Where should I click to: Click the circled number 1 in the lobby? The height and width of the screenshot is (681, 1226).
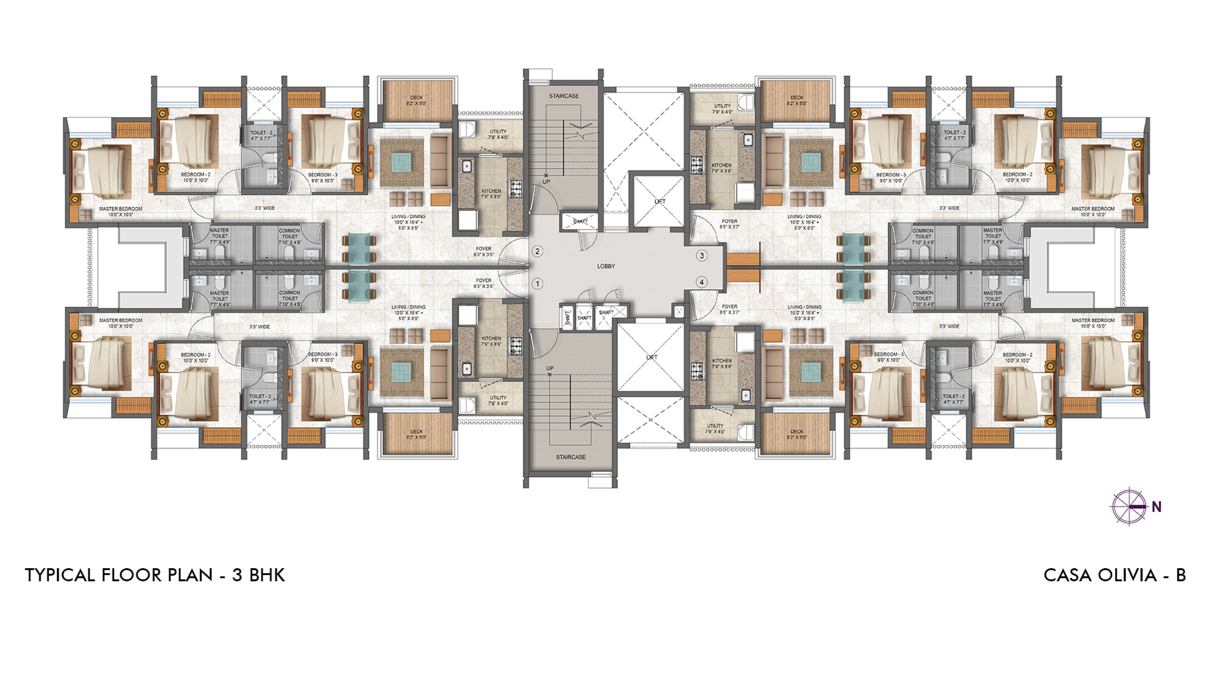538,284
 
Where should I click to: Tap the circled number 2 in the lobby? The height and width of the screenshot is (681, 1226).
538,251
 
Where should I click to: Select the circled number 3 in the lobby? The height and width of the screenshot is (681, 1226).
702,256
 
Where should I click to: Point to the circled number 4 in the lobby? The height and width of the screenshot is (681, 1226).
702,282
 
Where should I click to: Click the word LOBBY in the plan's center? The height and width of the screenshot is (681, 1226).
606,266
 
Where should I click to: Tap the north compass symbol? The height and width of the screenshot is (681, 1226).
1129,507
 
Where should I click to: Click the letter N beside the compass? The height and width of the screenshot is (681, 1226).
1157,507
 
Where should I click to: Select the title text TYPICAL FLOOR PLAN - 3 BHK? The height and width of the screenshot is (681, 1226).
155,575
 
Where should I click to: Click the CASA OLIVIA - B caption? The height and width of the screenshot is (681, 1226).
1114,575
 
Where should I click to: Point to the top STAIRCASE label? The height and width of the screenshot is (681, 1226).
563,96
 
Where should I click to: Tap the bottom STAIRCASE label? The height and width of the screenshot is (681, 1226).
571,457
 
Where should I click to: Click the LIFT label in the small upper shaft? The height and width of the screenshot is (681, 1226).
660,202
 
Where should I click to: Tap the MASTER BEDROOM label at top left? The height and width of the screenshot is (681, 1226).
121,209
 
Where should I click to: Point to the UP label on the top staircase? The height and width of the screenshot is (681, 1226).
546,182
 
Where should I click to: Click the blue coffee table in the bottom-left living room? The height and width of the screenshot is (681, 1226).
402,371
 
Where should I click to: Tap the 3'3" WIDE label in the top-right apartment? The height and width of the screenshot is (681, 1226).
949,208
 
